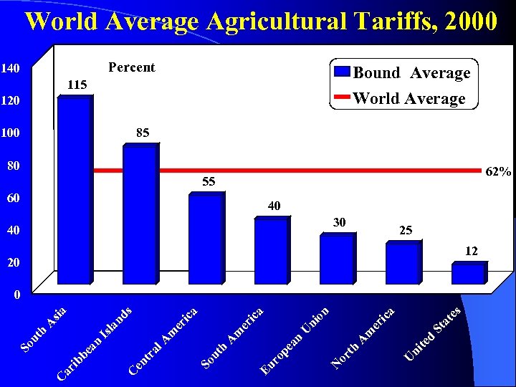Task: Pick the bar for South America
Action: pyautogui.click(x=272, y=251)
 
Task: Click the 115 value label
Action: pyautogui.click(x=77, y=85)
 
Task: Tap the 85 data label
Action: pyautogui.click(x=143, y=133)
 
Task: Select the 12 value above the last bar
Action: pyautogui.click(x=472, y=251)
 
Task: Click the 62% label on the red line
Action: pyautogui.click(x=498, y=172)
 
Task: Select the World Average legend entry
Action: pyautogui.click(x=401, y=98)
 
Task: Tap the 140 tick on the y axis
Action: pyautogui.click(x=10, y=68)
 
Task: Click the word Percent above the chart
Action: pyautogui.click(x=131, y=67)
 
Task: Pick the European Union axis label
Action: pyautogui.click(x=295, y=340)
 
